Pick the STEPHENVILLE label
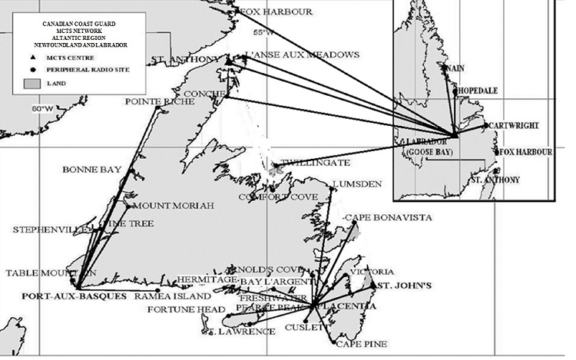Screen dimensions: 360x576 pos(44,229)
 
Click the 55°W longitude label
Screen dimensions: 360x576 pos(263,32)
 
